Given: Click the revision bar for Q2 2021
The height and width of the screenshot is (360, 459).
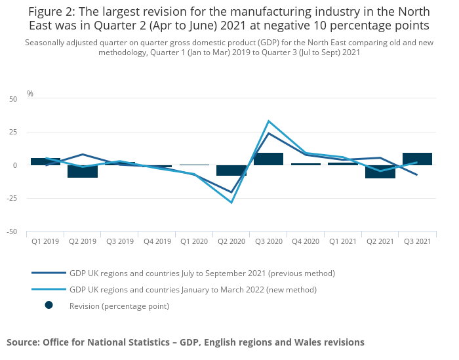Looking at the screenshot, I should pos(380,172).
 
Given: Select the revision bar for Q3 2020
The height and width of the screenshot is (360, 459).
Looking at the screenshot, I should pos(268,159).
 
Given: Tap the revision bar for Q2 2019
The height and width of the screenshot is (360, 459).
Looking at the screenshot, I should pos(83,171).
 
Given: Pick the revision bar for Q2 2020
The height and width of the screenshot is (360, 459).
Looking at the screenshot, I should pos(231,170).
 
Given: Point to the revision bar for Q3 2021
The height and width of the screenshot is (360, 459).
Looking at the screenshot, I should pos(417,159).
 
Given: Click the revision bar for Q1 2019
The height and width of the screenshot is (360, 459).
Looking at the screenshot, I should pos(45,161).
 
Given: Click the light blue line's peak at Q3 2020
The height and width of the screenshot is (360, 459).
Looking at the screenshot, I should pos(268,121).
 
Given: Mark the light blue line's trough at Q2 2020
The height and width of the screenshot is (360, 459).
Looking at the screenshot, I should pos(231,203).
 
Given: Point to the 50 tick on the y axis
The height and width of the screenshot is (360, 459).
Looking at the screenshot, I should pos(13,99).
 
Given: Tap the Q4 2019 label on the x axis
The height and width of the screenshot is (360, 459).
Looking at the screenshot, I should pos(157,241).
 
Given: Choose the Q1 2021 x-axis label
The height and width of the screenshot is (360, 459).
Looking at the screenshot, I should pos(343,241).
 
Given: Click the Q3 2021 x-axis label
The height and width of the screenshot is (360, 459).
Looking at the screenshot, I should pos(417,241).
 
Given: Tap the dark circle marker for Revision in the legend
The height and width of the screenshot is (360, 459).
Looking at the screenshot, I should pos(49,306).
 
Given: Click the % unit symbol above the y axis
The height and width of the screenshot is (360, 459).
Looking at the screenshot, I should pos(30,94).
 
